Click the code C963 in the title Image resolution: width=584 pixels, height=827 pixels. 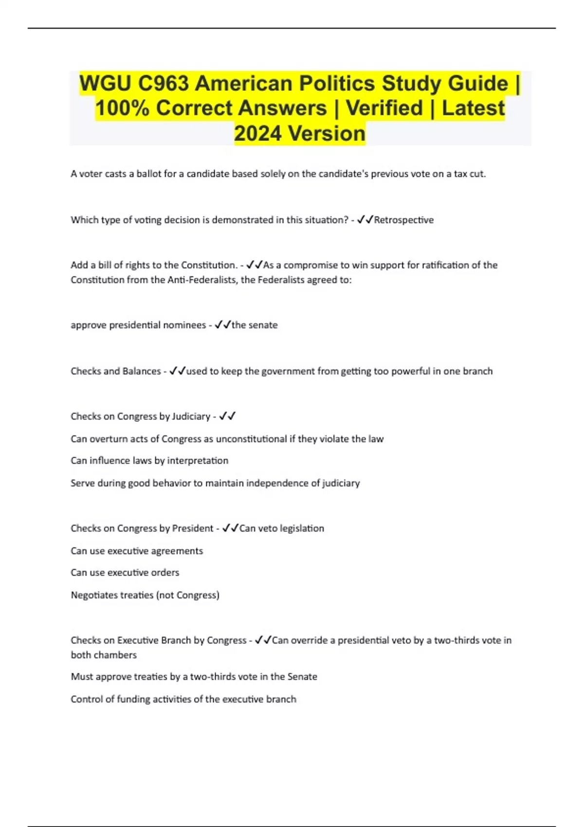[x=163, y=83]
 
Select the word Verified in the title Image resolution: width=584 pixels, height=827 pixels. [x=384, y=108]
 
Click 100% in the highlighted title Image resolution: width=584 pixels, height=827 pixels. [x=122, y=108]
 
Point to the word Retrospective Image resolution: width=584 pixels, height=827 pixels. [x=403, y=220]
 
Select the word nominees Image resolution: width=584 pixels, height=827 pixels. [x=184, y=325]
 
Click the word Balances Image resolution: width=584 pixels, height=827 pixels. [x=142, y=371]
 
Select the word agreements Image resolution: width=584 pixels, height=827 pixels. [x=177, y=551]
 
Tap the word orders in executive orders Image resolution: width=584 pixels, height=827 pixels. [x=164, y=573]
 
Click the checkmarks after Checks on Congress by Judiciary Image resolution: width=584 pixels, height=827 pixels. [x=227, y=416]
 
